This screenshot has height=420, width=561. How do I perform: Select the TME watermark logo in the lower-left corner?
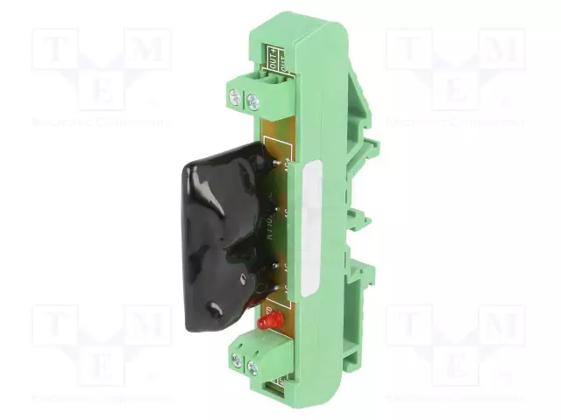102,346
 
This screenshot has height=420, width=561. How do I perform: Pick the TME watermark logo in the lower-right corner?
456,346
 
